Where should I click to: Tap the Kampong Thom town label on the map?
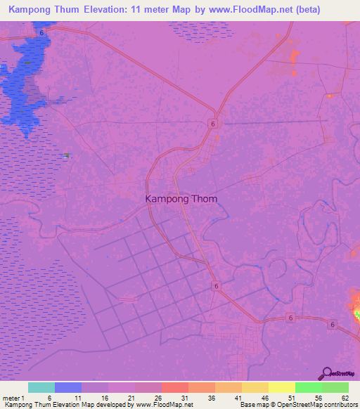181,199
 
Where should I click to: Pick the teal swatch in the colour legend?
41,387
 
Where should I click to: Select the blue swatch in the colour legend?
68,387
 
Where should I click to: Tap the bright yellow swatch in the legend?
282,387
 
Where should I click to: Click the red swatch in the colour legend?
175,387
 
